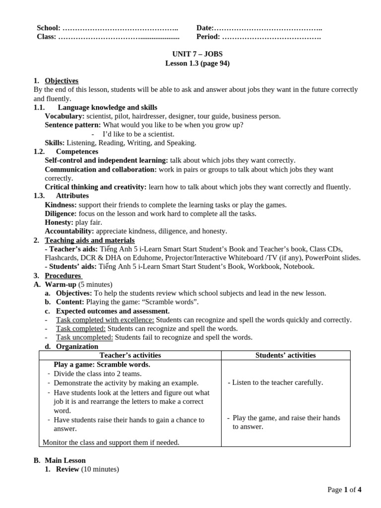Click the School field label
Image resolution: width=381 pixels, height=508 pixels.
tap(49, 28)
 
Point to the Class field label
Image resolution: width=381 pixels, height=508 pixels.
tap(47, 37)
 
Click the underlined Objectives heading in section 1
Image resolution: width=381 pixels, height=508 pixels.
tap(62, 80)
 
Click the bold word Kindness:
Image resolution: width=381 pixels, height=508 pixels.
tap(61, 205)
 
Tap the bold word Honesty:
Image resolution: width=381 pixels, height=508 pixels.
tap(59, 223)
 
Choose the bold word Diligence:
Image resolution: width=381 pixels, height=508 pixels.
tap(61, 214)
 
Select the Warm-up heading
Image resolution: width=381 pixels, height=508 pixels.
tap(61, 285)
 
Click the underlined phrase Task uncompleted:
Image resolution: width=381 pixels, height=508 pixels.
tap(84, 337)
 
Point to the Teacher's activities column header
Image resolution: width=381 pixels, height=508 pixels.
tap(130, 355)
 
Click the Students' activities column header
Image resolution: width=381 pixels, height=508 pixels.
tap(285, 355)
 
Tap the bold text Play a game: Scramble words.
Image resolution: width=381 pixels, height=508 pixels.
tap(102, 365)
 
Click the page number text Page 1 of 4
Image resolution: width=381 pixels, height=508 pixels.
tap(344, 490)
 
